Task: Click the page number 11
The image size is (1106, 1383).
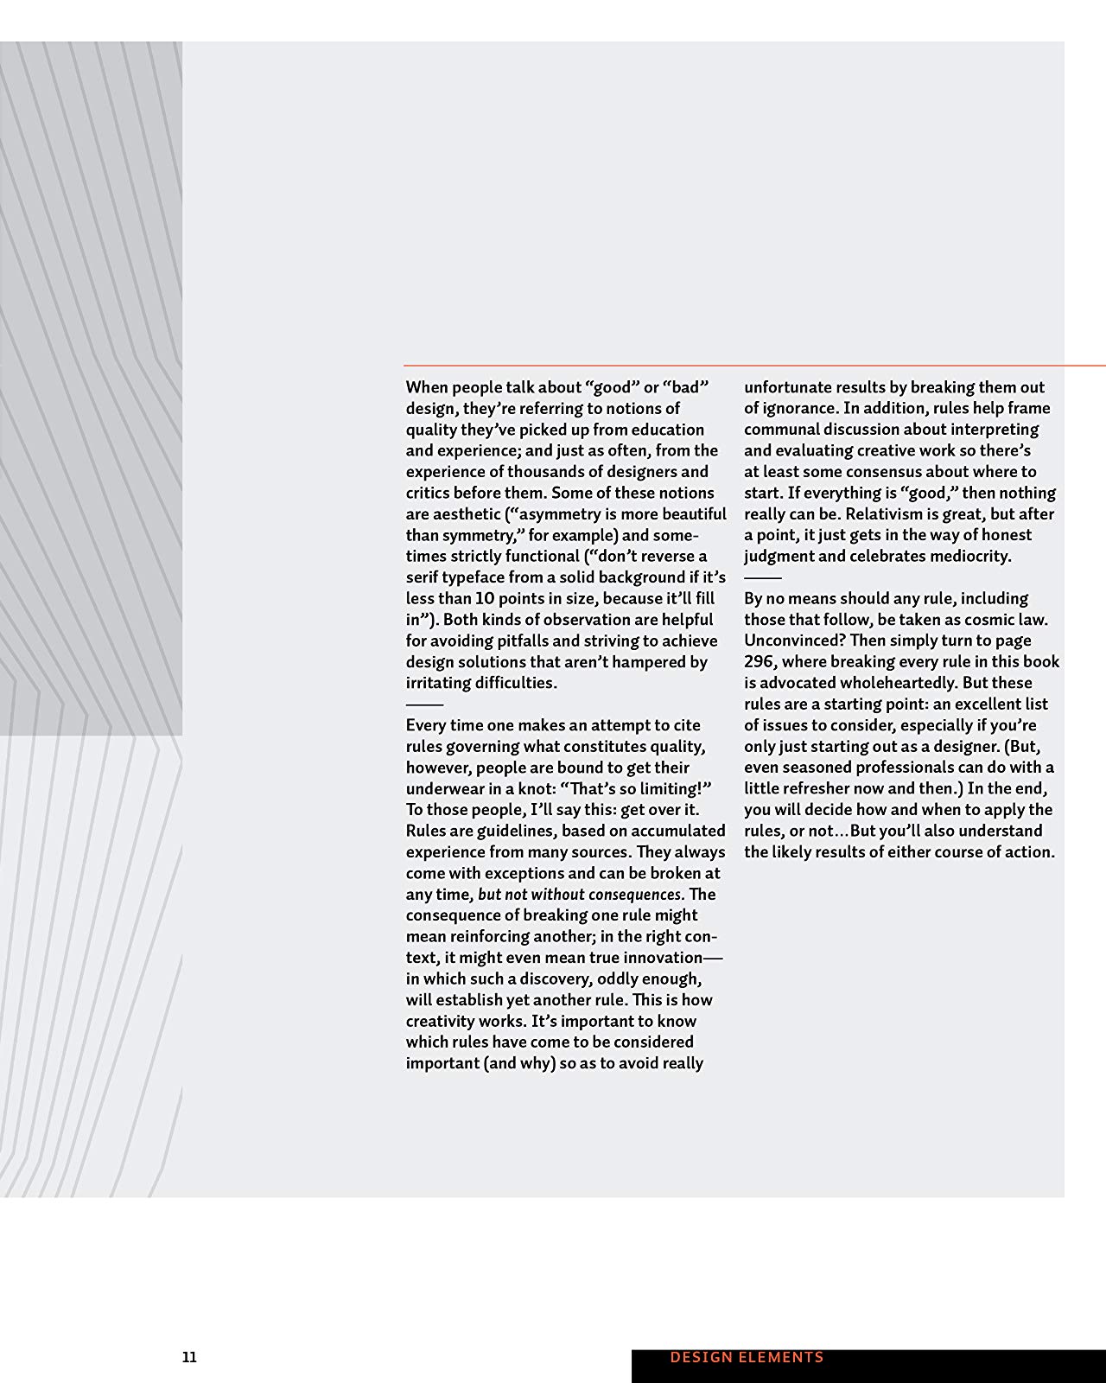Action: (189, 1357)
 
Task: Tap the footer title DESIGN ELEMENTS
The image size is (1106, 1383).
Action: (747, 1357)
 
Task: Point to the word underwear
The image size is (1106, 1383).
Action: (448, 788)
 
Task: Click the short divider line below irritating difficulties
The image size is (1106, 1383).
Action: (423, 704)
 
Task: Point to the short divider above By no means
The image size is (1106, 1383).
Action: (762, 577)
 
